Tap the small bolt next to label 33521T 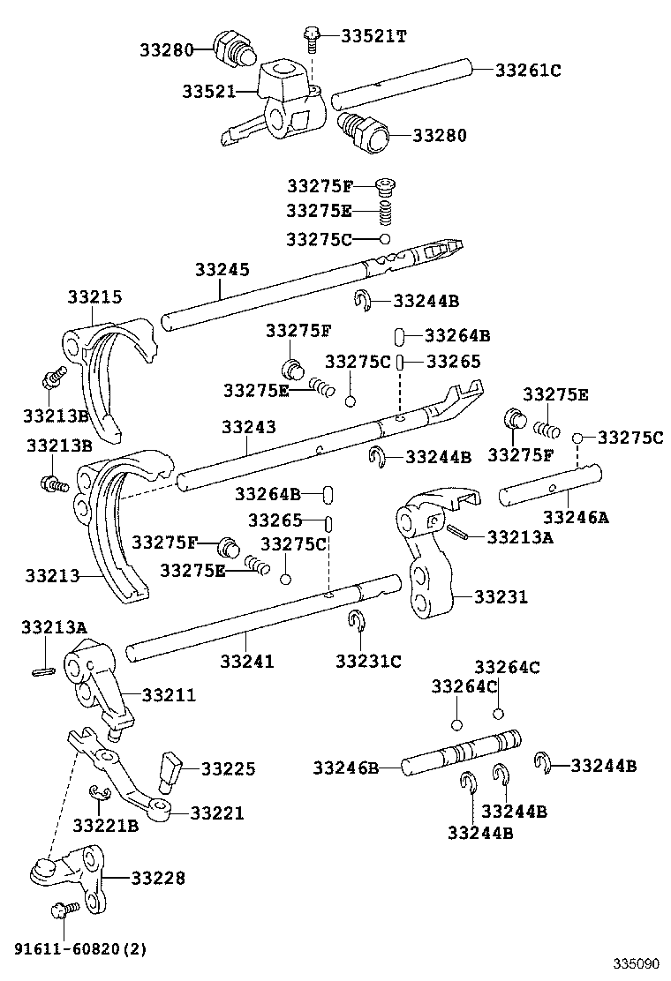(312, 35)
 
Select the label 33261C (528, 70)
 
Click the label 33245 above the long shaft (222, 270)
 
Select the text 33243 (249, 427)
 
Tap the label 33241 (247, 661)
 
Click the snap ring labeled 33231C (356, 621)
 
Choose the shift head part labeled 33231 (428, 556)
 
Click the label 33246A (576, 517)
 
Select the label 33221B (106, 826)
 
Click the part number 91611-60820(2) (80, 949)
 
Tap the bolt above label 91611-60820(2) (63, 910)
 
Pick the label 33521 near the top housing (209, 91)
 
